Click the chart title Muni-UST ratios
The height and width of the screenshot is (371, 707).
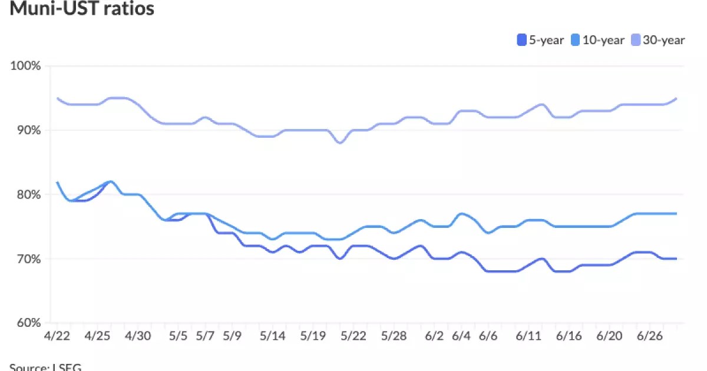point(82,9)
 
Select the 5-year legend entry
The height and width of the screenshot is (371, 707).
point(540,40)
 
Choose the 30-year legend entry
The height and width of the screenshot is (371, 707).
point(659,40)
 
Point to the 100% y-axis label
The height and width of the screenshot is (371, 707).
point(26,65)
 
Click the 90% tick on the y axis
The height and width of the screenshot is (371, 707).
point(27,130)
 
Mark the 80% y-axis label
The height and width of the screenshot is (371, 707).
point(27,194)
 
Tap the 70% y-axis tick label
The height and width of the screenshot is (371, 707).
point(27,259)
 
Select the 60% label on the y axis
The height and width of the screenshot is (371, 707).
point(27,323)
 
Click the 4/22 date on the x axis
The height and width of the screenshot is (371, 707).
point(57,336)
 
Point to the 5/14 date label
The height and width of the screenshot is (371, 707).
point(273,336)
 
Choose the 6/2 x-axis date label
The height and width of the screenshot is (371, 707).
point(434,336)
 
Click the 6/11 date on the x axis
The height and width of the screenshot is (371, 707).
point(528,336)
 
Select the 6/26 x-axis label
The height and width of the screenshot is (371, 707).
point(650,336)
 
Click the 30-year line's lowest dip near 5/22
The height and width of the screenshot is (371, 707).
point(340,143)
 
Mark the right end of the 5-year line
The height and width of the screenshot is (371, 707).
point(676,259)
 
